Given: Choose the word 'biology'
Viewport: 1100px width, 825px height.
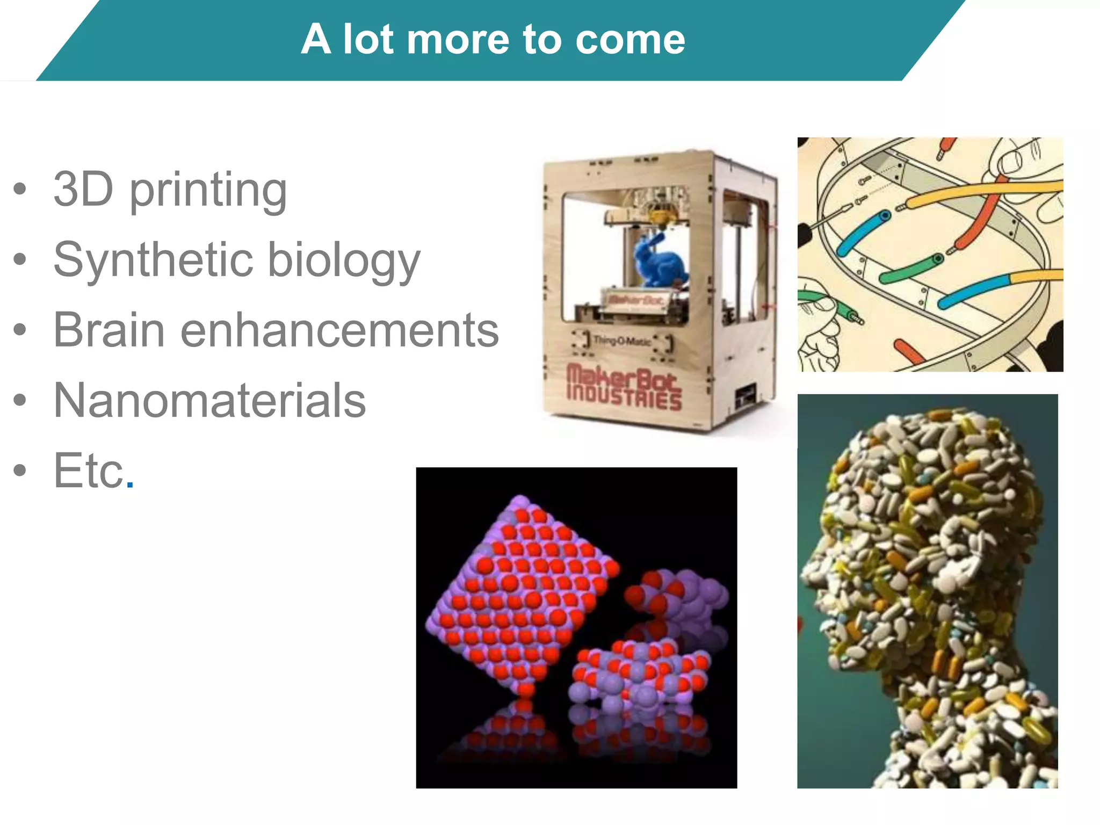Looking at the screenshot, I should (x=344, y=262).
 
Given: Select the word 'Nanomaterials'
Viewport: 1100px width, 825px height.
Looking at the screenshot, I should (x=210, y=400).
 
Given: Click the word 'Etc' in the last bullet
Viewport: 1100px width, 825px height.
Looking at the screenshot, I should (x=89, y=471).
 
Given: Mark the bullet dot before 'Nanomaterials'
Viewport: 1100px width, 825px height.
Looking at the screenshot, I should (x=20, y=400).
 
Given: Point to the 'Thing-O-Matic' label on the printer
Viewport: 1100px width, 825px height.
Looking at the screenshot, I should (x=621, y=340).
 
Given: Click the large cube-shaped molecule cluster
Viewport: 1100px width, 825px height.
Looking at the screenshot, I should (x=521, y=591).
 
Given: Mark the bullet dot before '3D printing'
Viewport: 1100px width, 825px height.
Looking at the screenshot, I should (x=20, y=189).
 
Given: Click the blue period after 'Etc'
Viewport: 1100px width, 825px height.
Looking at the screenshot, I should (x=129, y=484).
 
